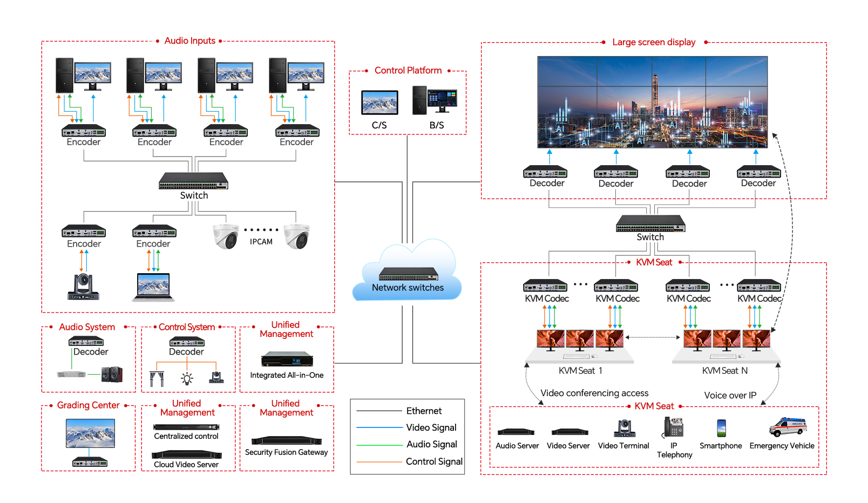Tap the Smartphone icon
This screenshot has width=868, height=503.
pos(721,428)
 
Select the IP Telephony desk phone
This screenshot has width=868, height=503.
pos(674,427)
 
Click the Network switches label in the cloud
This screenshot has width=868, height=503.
pos(408,288)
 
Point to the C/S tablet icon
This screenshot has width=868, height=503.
pos(379,103)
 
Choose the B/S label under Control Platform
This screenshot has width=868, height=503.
pos(437,125)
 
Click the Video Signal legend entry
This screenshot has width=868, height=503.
pos(431,427)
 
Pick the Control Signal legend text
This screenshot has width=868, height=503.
pos(434,461)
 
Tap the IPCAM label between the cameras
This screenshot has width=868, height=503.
pos(261,242)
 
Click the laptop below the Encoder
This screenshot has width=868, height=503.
pos(153,287)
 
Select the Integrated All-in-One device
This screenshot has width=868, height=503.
pos(287,359)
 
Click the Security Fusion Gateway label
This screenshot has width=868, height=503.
pos(286,452)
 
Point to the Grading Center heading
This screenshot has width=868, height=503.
pos(89,405)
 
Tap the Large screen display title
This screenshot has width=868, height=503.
pos(654,42)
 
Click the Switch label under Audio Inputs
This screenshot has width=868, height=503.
pos(194,195)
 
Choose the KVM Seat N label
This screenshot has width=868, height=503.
pos(724,371)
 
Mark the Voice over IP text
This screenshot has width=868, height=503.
pos(730,395)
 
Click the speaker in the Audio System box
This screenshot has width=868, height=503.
pos(112,374)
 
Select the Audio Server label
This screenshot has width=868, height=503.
pos(517,446)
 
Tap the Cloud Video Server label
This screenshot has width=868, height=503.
pos(186,465)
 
